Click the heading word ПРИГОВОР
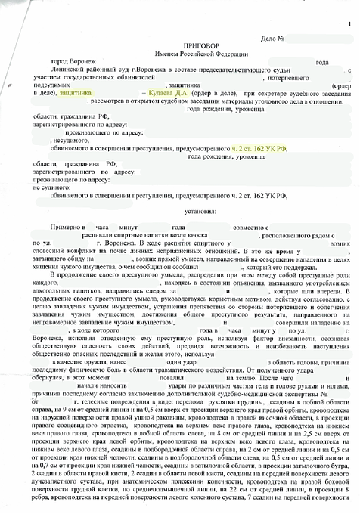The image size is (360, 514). [x=179, y=46]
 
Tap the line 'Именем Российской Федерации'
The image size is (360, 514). [x=179, y=54]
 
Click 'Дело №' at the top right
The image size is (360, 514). [x=272, y=38]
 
